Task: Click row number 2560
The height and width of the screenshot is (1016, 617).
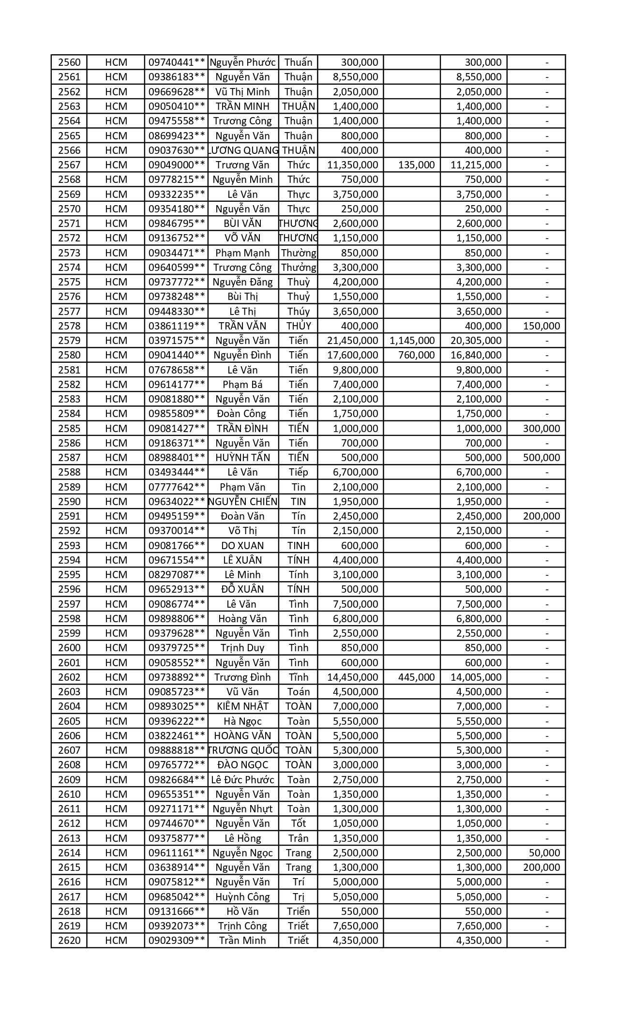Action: pyautogui.click(x=69, y=62)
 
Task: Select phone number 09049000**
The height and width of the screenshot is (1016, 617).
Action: pyautogui.click(x=177, y=165)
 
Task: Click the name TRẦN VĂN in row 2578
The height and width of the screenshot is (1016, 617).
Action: pyautogui.click(x=242, y=326)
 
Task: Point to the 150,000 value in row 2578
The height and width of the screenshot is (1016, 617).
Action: pyautogui.click(x=542, y=326)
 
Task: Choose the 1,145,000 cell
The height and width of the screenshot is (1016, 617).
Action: pyautogui.click(x=412, y=341)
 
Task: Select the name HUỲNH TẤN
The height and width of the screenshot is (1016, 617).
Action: pyautogui.click(x=242, y=458)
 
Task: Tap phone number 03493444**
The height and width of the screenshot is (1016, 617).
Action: pyautogui.click(x=177, y=472)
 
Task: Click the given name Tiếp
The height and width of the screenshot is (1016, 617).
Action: pyautogui.click(x=298, y=472)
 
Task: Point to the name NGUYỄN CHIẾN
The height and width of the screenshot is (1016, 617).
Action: pyautogui.click(x=242, y=502)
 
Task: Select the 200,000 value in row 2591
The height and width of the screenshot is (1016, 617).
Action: pyautogui.click(x=542, y=516)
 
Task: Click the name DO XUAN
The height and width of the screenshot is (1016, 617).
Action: pyautogui.click(x=242, y=546)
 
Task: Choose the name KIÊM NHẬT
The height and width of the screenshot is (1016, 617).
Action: pyautogui.click(x=242, y=706)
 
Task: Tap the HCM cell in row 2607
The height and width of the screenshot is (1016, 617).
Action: pyautogui.click(x=116, y=750)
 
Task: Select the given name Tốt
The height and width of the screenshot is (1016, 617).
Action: pyautogui.click(x=298, y=823)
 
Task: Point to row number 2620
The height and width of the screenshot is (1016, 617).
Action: pyautogui.click(x=69, y=941)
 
